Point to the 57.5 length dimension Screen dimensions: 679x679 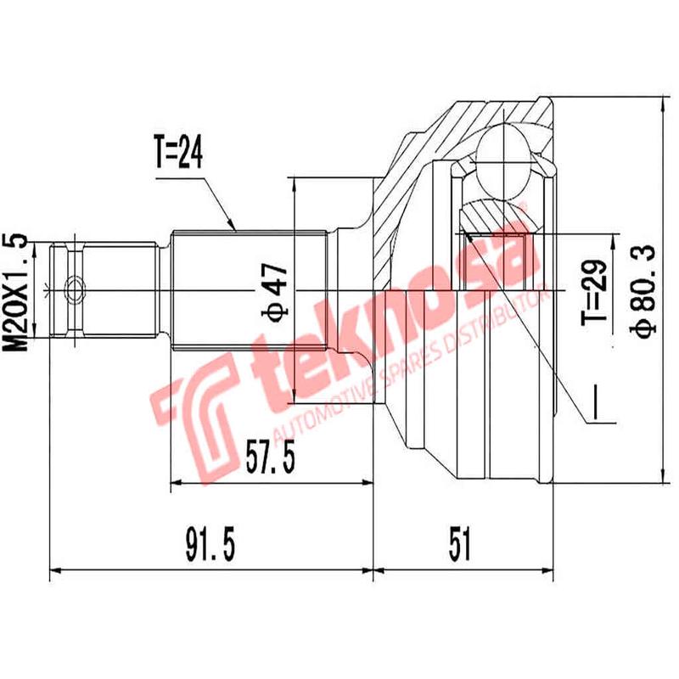coord(269,458)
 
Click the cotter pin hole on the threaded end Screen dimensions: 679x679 coord(76,291)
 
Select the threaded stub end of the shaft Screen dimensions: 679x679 coord(102,291)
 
